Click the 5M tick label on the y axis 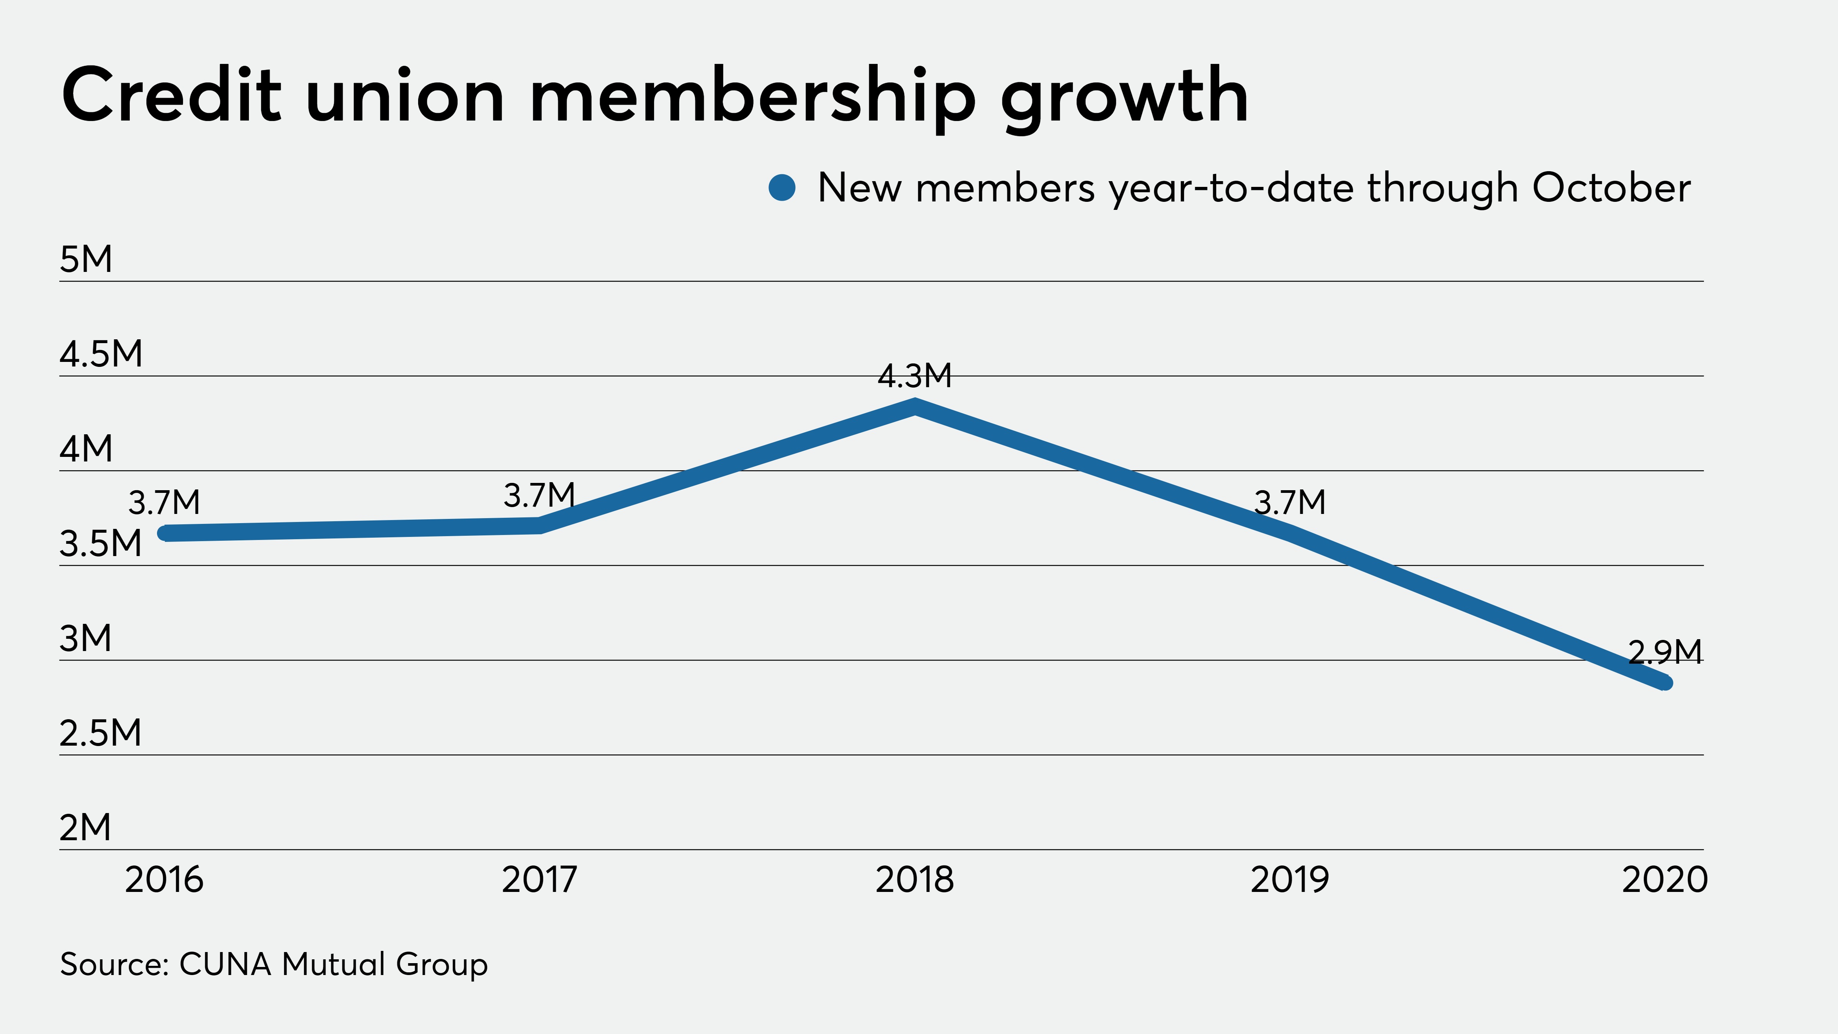tap(86, 259)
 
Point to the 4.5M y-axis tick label tap(101, 354)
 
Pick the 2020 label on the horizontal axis tap(1665, 880)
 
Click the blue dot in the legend tap(782, 188)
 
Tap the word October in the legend tap(1611, 188)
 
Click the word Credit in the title tap(171, 96)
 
